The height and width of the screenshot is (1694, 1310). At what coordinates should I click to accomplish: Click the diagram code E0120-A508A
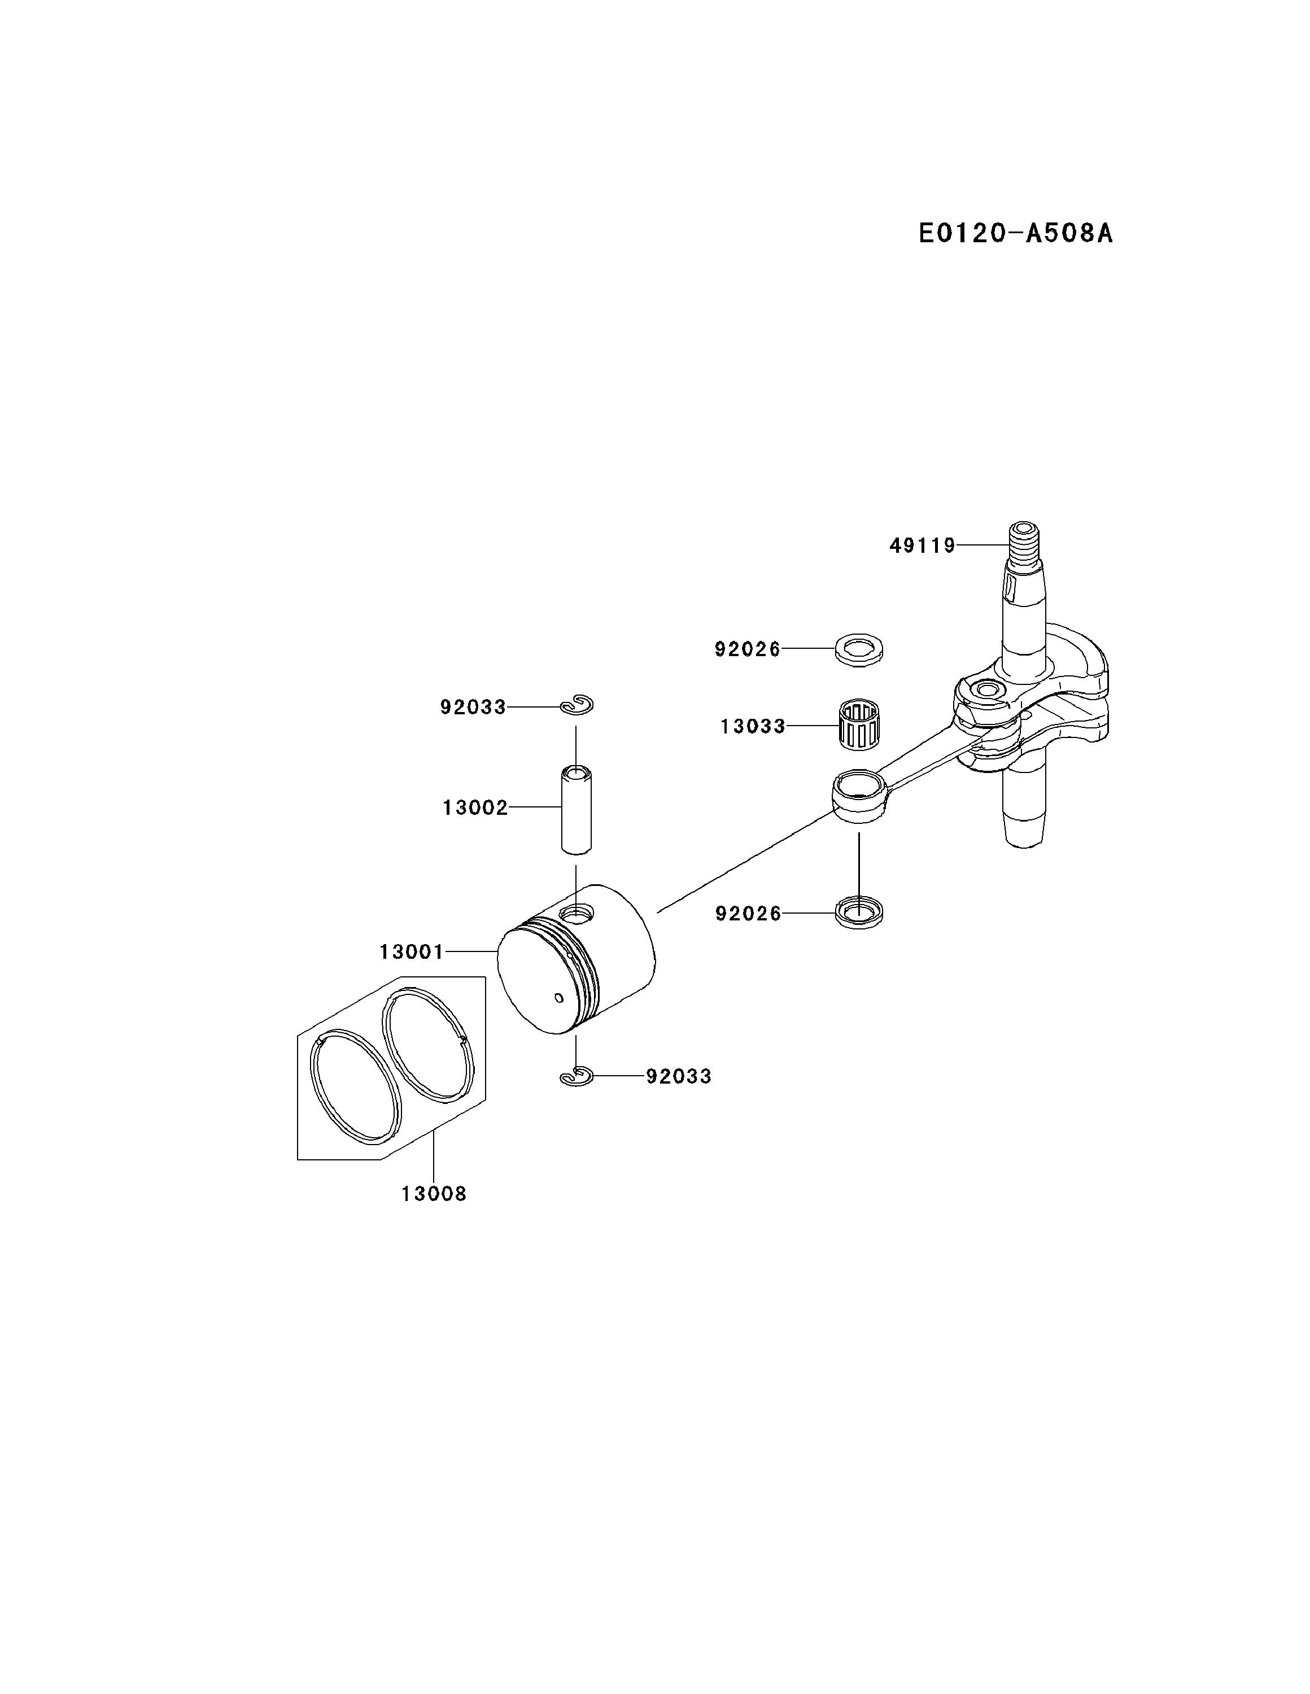(1015, 233)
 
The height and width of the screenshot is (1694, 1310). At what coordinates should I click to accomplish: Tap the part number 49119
(922, 546)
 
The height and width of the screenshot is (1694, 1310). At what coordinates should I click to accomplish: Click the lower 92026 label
(748, 914)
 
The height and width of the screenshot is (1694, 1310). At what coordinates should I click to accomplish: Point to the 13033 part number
(752, 727)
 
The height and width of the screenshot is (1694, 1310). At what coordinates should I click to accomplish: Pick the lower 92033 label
(679, 1077)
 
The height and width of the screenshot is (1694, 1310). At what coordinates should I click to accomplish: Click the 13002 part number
(475, 808)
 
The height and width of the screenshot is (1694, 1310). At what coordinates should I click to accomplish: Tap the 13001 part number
(411, 951)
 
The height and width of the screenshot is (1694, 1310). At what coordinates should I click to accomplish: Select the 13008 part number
(434, 1194)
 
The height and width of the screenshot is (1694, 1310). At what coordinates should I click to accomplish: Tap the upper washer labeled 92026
(859, 648)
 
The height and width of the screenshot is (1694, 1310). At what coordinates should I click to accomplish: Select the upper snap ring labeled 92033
(577, 706)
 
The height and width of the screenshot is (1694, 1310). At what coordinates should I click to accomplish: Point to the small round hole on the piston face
(559, 997)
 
